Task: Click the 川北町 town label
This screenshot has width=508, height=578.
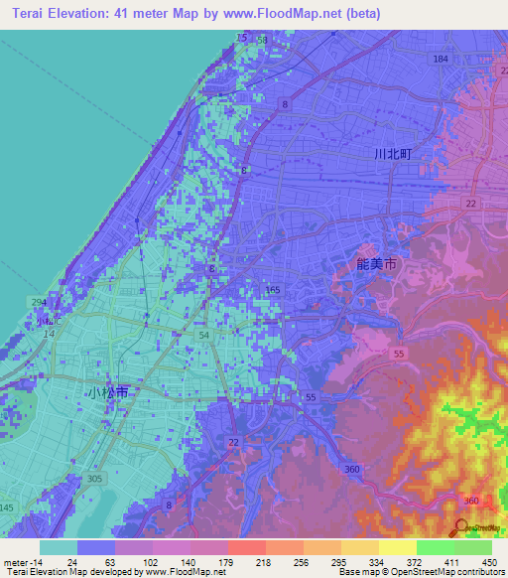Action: [393, 154]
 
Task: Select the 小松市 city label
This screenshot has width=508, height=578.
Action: [107, 392]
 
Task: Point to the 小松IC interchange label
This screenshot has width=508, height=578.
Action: [49, 322]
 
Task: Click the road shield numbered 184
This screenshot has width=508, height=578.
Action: [441, 60]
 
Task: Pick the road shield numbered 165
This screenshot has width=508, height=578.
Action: [273, 290]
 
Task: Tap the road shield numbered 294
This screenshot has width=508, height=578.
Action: [39, 302]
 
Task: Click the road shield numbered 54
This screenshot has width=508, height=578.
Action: [203, 338]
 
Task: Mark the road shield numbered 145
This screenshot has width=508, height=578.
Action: [7, 508]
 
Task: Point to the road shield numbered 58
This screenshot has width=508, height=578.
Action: [262, 38]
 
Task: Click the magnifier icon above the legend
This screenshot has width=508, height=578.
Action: [461, 526]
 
